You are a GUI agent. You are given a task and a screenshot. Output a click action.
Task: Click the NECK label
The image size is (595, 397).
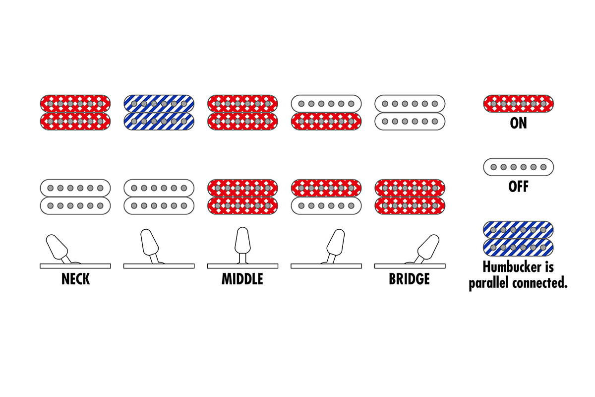coord(76,279)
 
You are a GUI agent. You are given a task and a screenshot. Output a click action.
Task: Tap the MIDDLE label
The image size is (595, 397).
coord(242,279)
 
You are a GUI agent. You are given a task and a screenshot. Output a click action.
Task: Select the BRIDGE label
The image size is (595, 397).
coord(410,279)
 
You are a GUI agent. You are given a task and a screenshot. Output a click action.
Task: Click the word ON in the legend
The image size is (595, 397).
coord(518,123)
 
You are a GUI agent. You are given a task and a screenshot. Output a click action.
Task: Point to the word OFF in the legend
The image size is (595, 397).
coord(518,187)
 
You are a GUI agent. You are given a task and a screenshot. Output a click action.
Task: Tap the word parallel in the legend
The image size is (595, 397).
coord(489,283)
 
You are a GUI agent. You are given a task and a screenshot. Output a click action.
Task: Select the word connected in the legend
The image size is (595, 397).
coord(540,283)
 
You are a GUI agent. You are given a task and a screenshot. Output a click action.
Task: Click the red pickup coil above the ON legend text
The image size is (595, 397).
coord(519,104)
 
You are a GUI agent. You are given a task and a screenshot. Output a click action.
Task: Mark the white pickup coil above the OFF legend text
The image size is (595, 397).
coord(519,167)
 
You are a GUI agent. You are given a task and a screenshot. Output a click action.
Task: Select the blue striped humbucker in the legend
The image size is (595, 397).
coord(518,239)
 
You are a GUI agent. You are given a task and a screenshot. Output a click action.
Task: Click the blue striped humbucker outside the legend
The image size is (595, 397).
coord(159,113)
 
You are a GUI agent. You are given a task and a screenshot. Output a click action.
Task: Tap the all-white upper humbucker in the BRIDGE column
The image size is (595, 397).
coord(410,113)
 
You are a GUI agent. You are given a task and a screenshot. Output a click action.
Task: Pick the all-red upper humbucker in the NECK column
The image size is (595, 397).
coord(75,113)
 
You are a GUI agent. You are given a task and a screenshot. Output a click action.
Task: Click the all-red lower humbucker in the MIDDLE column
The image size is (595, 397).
coord(242,197)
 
